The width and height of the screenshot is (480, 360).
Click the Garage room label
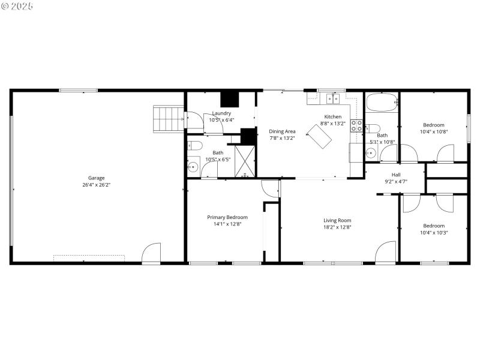click(x=97, y=178)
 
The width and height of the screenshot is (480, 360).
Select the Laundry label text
click(x=221, y=113)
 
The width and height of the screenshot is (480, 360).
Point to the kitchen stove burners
click(x=356, y=125)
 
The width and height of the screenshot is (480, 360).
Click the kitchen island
click(x=319, y=137)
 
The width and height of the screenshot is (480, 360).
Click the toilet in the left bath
click(x=194, y=145)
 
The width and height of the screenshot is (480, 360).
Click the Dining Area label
click(x=282, y=131)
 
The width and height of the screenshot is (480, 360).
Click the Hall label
click(x=396, y=175)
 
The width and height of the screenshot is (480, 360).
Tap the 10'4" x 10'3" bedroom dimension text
click(x=434, y=232)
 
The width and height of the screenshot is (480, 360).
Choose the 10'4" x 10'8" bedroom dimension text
click(x=434, y=131)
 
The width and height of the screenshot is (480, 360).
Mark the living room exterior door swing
click(x=386, y=252)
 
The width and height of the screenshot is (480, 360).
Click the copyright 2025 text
click(x=17, y=6)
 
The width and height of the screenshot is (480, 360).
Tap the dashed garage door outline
click(x=89, y=258)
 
